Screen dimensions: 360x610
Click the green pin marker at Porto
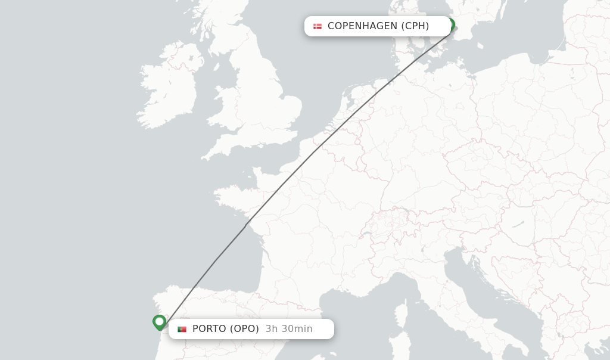click(x=159, y=322)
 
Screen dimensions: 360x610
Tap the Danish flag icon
click(x=318, y=26)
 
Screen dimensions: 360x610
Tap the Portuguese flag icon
click(x=182, y=329)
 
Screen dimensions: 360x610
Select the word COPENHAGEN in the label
click(x=362, y=26)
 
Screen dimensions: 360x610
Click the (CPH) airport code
click(x=415, y=26)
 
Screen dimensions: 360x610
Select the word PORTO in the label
click(x=209, y=329)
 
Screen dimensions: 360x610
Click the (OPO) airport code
click(x=244, y=329)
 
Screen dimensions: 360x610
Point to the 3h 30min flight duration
click(x=289, y=329)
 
